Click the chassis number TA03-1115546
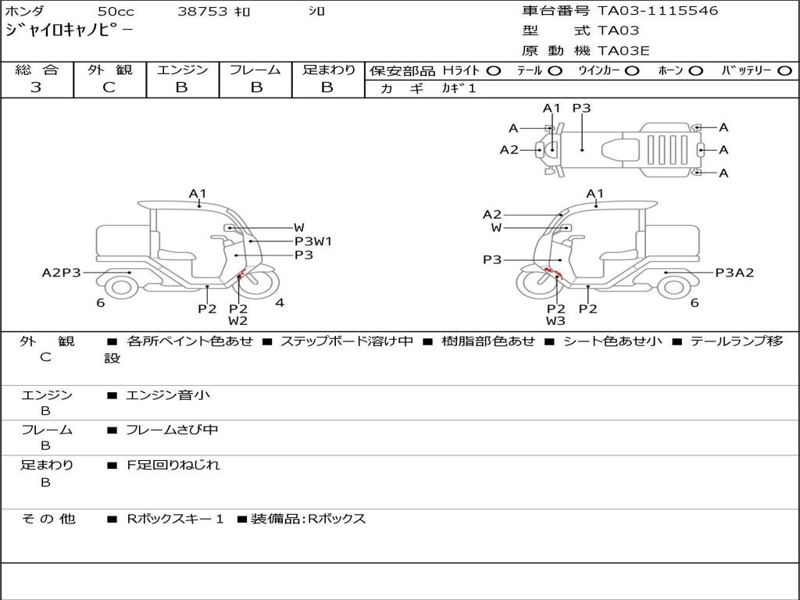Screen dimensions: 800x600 tap(658, 11)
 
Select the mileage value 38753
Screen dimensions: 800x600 tap(202, 12)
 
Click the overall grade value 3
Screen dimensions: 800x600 tap(36, 87)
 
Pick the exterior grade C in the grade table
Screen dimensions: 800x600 tap(109, 87)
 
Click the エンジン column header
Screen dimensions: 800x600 tap(182, 70)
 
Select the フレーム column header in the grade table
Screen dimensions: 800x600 tap(255, 70)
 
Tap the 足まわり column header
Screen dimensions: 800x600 tap(329, 70)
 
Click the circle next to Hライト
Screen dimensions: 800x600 tap(494, 70)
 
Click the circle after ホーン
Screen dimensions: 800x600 tap(696, 70)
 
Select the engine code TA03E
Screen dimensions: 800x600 tap(623, 52)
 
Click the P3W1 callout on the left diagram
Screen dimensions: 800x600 tap(313, 241)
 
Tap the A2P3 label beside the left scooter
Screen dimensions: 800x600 tap(61, 273)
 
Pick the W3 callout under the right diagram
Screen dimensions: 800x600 tap(555, 320)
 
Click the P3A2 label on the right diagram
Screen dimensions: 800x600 tap(734, 273)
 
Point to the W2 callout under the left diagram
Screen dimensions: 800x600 tap(238, 320)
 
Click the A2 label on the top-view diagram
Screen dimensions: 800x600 tap(509, 149)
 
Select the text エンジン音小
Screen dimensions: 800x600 tap(168, 395)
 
